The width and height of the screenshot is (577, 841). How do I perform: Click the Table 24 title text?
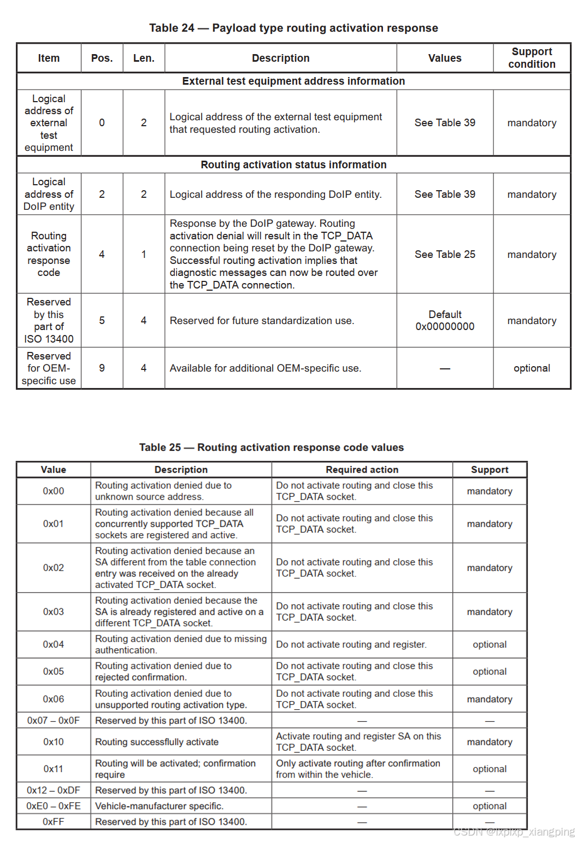coord(293,28)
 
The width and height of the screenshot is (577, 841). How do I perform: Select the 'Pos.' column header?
coord(102,58)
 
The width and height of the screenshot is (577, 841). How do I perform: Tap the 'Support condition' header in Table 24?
coord(532,58)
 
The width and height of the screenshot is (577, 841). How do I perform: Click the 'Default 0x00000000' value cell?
coord(445,321)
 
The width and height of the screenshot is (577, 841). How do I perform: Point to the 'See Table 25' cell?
coord(445,255)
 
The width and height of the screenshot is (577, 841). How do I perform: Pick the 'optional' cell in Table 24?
coord(532,368)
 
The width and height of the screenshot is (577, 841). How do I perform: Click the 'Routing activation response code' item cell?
coord(49,254)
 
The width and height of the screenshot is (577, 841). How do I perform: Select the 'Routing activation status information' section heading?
coord(293,165)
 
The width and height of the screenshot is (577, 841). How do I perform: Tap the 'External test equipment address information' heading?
coord(293,81)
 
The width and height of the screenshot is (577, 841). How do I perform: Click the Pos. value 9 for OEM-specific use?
coord(102,368)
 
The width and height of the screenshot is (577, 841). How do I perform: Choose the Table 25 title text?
coord(272,448)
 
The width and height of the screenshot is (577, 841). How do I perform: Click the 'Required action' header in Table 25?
coord(362,470)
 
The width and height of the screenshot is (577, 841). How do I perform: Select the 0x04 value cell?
coord(54,645)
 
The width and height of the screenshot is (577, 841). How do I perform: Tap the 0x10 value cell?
coord(54,742)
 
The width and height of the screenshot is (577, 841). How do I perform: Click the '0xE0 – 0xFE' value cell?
coord(54,806)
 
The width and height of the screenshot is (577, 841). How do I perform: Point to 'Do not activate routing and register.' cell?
coord(351,645)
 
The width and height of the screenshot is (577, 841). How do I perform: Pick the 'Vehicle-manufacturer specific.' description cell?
coord(159,806)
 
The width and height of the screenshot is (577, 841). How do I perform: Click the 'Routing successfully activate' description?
coord(157,742)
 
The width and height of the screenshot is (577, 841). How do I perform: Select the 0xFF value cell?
coord(54,822)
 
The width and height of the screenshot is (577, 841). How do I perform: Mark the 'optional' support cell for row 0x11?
coord(490,769)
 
